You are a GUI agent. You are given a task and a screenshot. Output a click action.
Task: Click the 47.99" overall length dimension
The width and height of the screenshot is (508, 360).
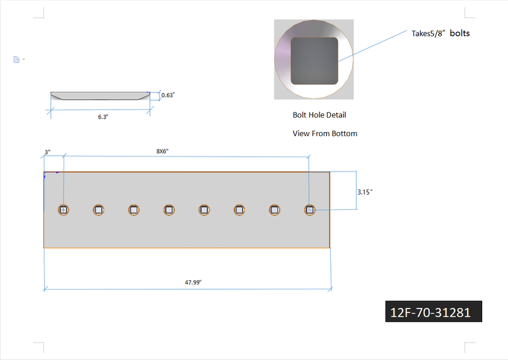tap(193, 283)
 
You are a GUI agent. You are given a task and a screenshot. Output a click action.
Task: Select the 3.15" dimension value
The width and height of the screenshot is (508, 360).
tap(365, 192)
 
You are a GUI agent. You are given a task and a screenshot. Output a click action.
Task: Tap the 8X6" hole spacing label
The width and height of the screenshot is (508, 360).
tap(162, 151)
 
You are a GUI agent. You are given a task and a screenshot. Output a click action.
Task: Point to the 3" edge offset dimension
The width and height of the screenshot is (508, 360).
tap(47, 152)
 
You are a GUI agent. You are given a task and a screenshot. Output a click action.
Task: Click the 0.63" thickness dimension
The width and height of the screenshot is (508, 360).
tap(168, 95)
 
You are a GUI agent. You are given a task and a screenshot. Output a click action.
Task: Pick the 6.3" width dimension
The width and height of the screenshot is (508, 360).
tap(103, 117)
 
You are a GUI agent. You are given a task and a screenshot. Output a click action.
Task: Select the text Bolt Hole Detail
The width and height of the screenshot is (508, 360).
tap(319, 115)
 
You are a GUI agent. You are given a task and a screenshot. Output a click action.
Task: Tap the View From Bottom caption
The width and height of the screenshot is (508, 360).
tap(325, 133)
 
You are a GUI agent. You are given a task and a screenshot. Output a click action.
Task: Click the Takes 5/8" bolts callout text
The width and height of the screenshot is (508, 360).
tap(441, 33)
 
